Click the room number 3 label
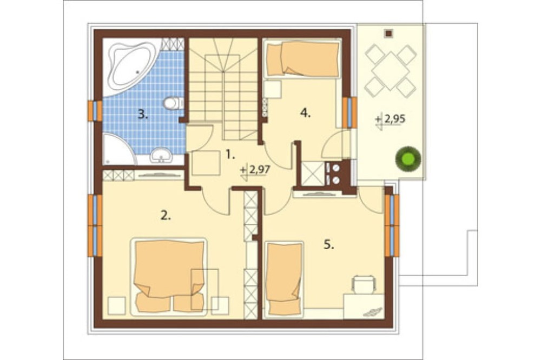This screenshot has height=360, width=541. pos(143,114)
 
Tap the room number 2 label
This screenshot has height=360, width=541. pos(166,216)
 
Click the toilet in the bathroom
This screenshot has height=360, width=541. pos(174,103)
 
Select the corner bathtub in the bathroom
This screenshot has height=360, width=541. pos(130,66)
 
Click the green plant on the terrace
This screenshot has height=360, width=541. pos(408,159)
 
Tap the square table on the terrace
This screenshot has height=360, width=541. pos(390,71)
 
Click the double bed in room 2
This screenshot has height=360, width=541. pos(169,276)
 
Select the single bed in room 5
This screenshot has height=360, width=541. pos(284,278)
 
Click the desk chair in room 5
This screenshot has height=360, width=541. pos(364,284)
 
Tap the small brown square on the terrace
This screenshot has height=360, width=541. pos(389,34)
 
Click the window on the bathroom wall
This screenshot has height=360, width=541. pos(95,111)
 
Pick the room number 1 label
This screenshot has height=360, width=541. pos(230,155)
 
